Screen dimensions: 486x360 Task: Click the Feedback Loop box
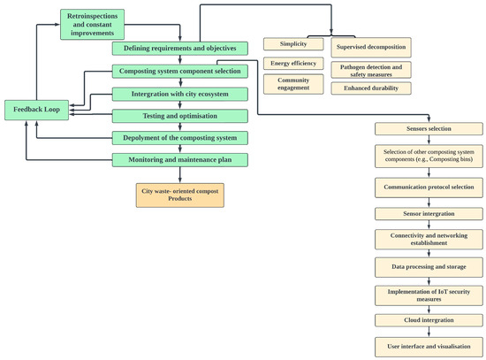[36, 110]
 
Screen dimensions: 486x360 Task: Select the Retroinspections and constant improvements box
[93, 25]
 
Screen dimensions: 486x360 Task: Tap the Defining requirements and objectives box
[179, 49]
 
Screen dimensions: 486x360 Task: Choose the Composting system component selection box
[179, 72]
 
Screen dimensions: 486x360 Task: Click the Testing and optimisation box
[179, 116]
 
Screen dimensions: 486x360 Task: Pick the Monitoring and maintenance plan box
[179, 160]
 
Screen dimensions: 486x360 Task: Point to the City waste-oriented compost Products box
[180, 195]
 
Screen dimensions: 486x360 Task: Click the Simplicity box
[293, 44]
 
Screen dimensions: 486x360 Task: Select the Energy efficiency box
[293, 64]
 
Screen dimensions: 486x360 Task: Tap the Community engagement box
[293, 84]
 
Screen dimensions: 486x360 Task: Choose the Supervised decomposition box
[371, 48]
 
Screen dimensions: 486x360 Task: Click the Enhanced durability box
[371, 88]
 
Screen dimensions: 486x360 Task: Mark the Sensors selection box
[429, 129]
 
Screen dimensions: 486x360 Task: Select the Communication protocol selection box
[429, 188]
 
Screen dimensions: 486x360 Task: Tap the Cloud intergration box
[429, 320]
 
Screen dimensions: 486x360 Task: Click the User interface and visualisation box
[429, 347]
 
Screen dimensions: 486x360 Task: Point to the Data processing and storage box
[429, 267]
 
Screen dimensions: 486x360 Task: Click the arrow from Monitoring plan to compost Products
[180, 175]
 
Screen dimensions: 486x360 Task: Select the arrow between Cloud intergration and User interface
[429, 332]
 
